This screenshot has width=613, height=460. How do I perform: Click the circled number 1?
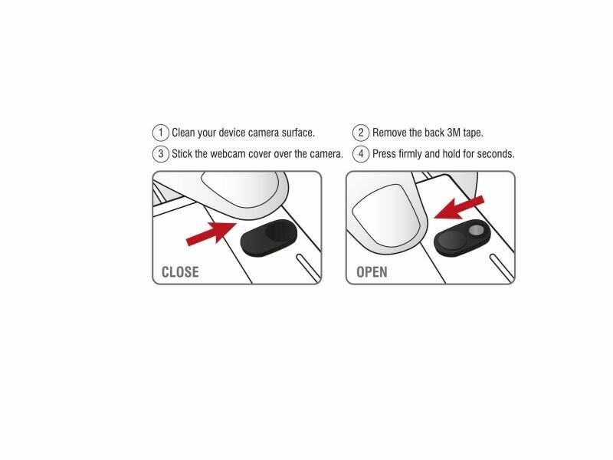pyautogui.click(x=160, y=133)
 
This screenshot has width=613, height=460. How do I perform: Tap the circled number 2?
pyautogui.click(x=361, y=133)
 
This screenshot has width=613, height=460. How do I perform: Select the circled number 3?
pyautogui.click(x=160, y=154)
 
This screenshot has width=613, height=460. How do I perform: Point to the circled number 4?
pyautogui.click(x=361, y=154)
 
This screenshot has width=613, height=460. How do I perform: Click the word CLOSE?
pyautogui.click(x=180, y=272)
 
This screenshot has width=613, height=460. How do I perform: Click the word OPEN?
pyautogui.click(x=372, y=272)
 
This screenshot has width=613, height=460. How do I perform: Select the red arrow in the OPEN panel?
pyautogui.click(x=459, y=207)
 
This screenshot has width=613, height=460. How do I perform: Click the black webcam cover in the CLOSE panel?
pyautogui.click(x=269, y=238)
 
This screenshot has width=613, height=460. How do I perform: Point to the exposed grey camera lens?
pyautogui.click(x=476, y=231)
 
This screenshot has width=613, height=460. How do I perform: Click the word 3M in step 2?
pyautogui.click(x=454, y=133)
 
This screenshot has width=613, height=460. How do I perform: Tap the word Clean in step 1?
pyautogui.click(x=183, y=133)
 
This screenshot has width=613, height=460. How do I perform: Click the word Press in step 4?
pyautogui.click(x=384, y=154)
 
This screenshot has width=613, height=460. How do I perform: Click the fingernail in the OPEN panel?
pyautogui.click(x=386, y=216)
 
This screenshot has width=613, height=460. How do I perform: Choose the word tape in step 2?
pyautogui.click(x=474, y=133)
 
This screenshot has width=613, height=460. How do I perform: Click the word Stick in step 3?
pyautogui.click(x=182, y=154)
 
